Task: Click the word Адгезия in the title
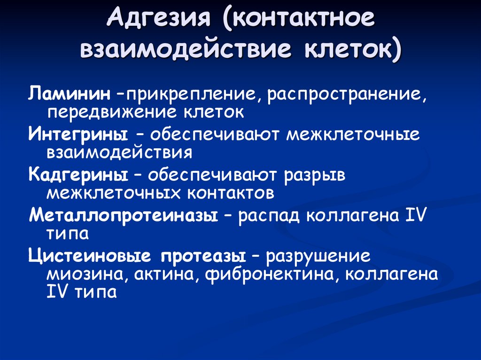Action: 159,17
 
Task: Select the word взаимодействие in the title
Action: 186,49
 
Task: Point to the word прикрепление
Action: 190,94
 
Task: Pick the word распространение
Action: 345,94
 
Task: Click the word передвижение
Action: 112,112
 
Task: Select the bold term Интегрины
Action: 78,134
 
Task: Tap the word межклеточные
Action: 353,134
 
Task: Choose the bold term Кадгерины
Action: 78,175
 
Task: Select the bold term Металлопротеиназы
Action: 124,215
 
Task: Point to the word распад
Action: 269,215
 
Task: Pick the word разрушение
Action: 318,256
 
